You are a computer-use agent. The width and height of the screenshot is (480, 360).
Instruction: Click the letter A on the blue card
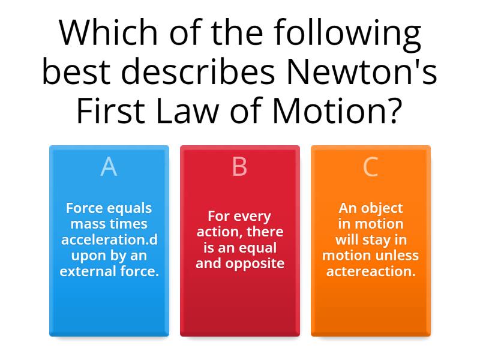click(109, 167)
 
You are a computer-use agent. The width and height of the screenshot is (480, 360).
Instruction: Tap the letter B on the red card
click(239, 167)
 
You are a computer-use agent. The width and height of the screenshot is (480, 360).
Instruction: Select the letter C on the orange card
click(370, 167)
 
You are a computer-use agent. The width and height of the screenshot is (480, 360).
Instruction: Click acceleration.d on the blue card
click(109, 239)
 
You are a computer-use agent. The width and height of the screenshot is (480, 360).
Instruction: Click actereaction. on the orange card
click(370, 271)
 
